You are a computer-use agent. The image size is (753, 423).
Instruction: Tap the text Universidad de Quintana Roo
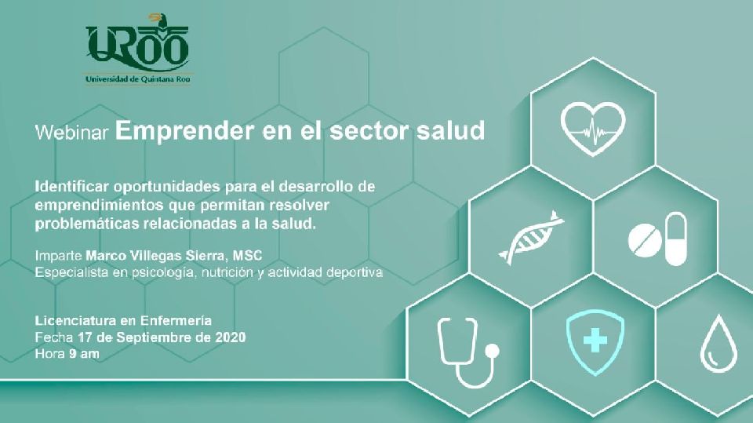pos(138,79)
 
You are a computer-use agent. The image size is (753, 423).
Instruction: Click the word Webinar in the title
pos(72,132)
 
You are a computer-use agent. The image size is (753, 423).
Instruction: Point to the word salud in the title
pos(450,130)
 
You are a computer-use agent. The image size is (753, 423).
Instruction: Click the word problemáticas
pos(85,224)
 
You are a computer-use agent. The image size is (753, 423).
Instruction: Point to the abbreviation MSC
pos(248,255)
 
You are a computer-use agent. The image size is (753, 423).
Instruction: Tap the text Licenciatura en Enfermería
pos(123,321)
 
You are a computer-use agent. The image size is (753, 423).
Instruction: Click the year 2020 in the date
pos(230,337)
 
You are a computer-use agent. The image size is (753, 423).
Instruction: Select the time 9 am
pos(84,354)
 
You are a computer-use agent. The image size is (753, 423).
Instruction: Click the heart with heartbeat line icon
pos(593,129)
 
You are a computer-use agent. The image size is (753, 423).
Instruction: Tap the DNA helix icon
pos(531,238)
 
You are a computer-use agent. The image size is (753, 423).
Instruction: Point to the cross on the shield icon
pos(595,341)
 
